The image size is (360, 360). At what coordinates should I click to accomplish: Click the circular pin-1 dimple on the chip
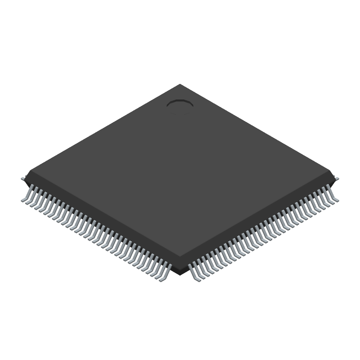tap(180, 104)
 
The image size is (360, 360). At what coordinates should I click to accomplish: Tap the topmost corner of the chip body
tap(180, 85)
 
